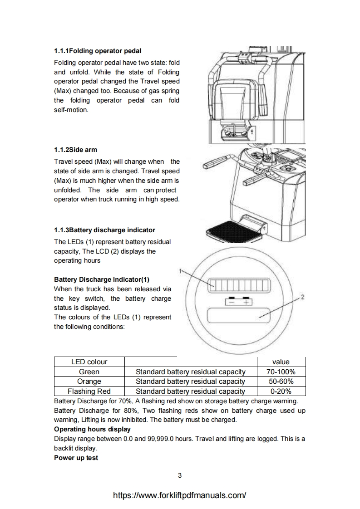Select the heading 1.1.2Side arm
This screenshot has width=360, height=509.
[x=75, y=150]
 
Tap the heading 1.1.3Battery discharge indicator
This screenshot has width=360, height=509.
[x=104, y=230]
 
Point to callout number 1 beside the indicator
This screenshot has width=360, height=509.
[x=181, y=271]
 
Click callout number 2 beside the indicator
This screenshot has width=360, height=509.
[x=302, y=297]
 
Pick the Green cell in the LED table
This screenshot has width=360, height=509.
[x=89, y=372]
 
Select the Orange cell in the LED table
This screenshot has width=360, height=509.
[x=89, y=382]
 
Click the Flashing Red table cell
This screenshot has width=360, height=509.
[x=89, y=391]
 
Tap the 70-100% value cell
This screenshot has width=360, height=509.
[x=281, y=372]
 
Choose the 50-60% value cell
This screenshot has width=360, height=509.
[x=281, y=382]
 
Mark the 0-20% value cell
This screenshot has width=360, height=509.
[x=281, y=391]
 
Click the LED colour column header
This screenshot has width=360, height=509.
[x=89, y=362]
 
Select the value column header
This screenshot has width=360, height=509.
[x=281, y=362]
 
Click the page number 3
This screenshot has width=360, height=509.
[x=180, y=476]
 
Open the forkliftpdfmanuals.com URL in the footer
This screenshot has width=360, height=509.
[x=180, y=495]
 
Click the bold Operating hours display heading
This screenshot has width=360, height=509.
[x=92, y=429]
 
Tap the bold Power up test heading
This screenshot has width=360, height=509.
[x=76, y=458]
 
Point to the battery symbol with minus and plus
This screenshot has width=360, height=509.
[x=239, y=301]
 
